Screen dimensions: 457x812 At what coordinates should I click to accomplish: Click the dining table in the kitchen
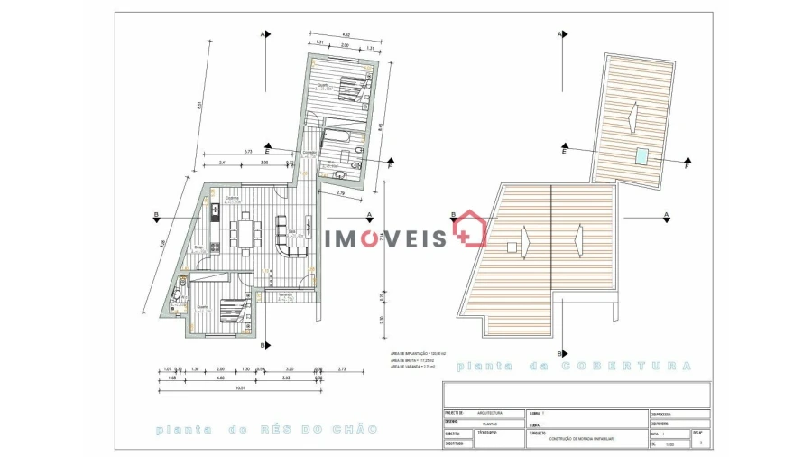[245, 234]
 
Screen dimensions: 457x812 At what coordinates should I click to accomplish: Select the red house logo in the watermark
[470, 229]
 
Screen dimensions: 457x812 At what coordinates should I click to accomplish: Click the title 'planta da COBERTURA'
[575, 366]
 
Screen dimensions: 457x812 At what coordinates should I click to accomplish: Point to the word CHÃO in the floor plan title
[358, 429]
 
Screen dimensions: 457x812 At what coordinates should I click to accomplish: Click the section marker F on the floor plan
[390, 165]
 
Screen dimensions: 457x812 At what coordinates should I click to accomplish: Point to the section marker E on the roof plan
[563, 153]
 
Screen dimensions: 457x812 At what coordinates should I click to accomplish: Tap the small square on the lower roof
[512, 247]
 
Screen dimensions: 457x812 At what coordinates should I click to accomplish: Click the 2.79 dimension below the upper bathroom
[340, 193]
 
